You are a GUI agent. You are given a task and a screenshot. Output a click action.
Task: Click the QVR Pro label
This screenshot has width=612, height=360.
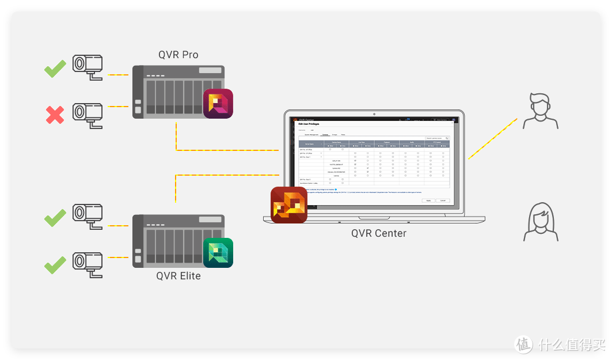[x=178, y=55]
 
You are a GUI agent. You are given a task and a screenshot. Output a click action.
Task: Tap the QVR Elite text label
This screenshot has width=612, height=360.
[x=178, y=276]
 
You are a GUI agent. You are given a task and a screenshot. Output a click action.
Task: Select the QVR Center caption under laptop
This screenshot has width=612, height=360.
[x=379, y=233]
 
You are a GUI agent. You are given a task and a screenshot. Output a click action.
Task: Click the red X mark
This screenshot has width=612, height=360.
[x=55, y=115]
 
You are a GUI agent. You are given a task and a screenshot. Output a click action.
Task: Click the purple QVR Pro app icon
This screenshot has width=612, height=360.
[x=218, y=104]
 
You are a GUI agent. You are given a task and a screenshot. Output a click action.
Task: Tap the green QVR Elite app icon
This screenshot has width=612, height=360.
[x=218, y=253]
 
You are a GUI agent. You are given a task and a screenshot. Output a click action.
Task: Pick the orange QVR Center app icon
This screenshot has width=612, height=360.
[x=289, y=204]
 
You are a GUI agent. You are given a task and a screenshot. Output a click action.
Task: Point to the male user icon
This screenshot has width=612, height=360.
[x=540, y=111]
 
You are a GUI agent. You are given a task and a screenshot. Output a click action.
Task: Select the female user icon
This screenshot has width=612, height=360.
[x=540, y=221]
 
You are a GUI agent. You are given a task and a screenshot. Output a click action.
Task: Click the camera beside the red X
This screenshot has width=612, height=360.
[x=88, y=113]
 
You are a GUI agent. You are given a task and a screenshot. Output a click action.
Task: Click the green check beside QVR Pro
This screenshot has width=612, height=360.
[x=55, y=69]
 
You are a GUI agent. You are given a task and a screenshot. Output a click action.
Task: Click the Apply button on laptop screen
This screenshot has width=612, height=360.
[x=428, y=200]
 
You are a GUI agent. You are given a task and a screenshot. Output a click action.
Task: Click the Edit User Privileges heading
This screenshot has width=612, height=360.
[x=308, y=124]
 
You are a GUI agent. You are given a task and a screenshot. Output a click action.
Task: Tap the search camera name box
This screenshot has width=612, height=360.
[x=437, y=138]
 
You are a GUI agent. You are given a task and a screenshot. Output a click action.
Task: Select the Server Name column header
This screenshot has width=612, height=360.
[x=309, y=144]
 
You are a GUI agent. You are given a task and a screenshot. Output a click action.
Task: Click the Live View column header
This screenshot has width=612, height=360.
[x=362, y=142]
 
